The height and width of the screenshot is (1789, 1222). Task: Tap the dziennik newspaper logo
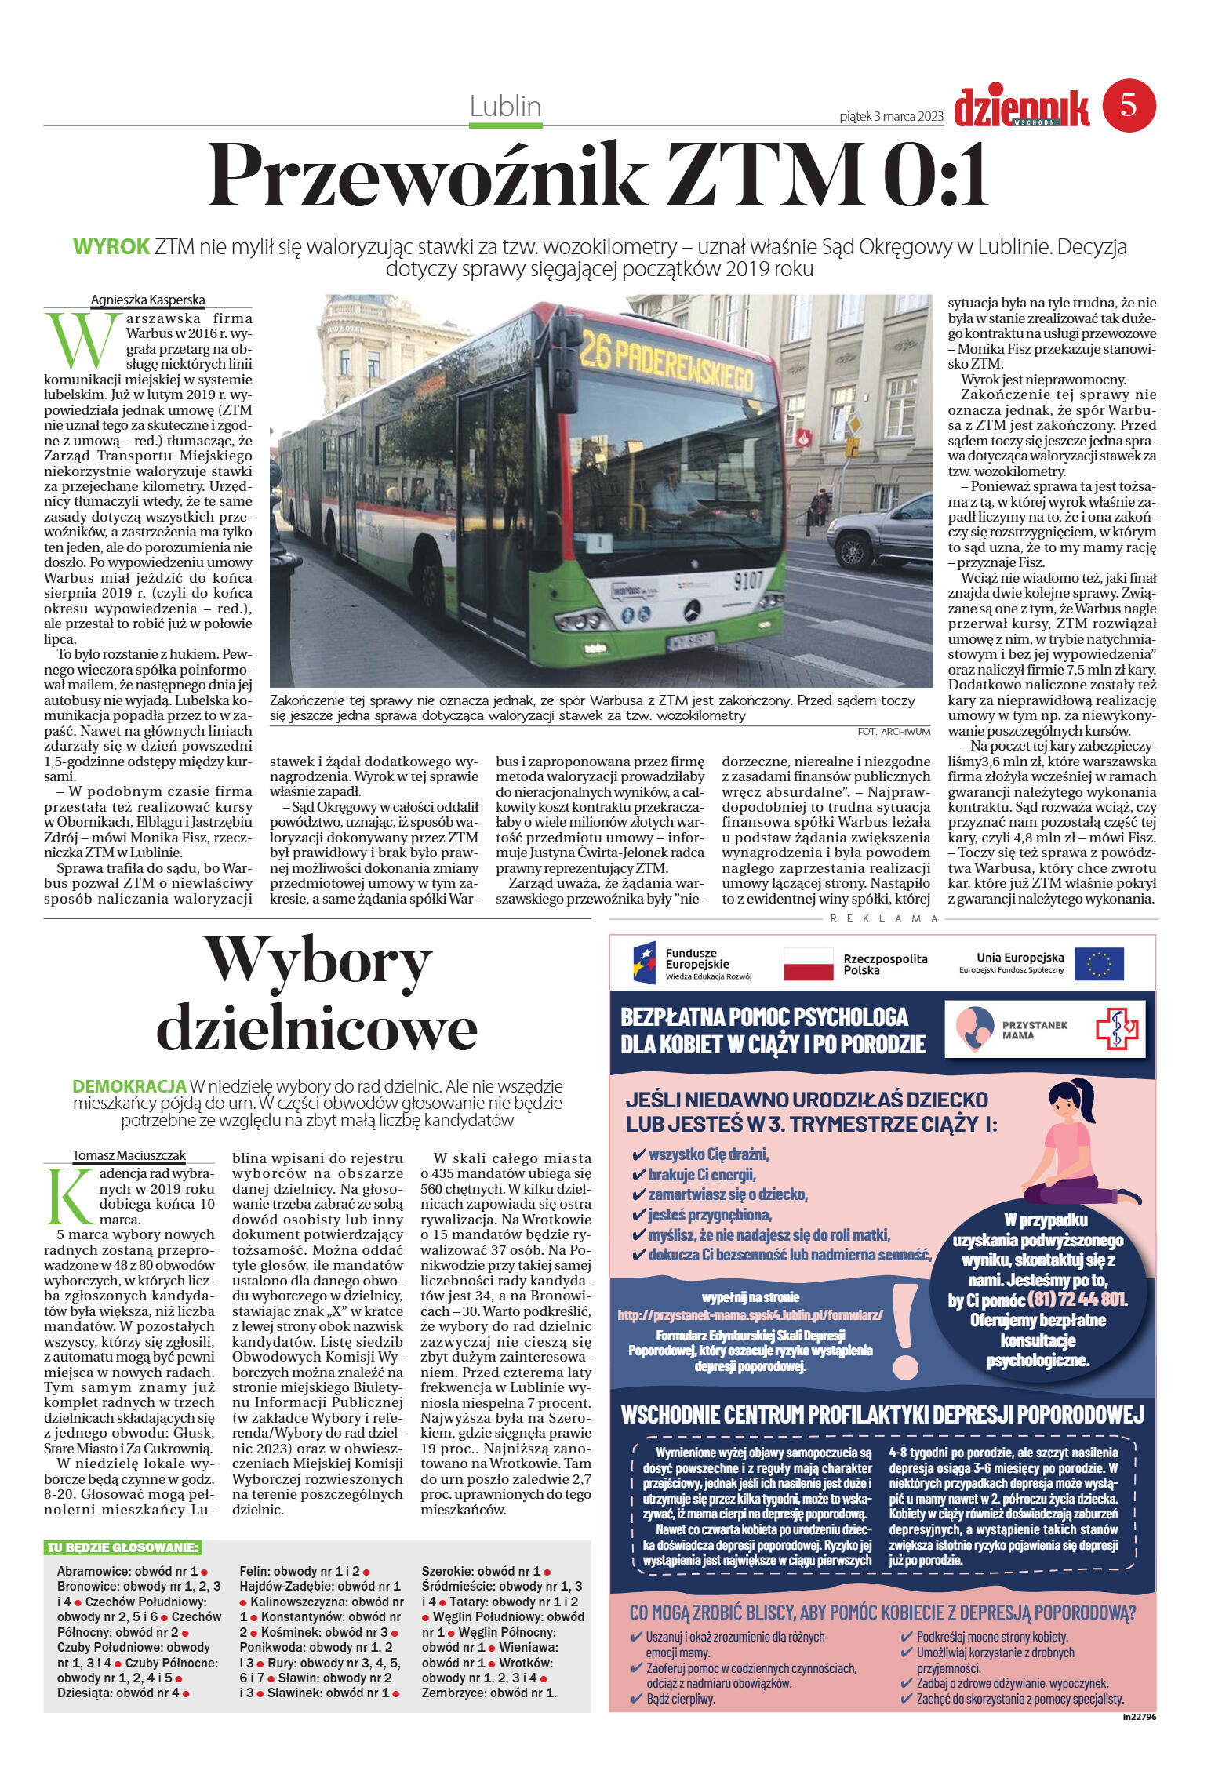coord(1020,107)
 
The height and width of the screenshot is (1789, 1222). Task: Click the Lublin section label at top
coord(505,106)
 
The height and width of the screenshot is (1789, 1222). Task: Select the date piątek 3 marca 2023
coord(890,117)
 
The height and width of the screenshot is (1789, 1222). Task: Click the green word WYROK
coord(111,246)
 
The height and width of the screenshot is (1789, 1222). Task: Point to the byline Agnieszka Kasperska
coord(147,300)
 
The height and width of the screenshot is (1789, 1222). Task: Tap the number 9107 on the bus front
coord(747,580)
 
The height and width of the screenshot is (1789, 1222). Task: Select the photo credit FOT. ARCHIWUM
coord(893,731)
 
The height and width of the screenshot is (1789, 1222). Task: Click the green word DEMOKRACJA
coord(129,1086)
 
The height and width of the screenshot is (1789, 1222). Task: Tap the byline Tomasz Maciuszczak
coord(129,1155)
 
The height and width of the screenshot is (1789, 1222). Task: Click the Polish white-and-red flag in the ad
coord(808,964)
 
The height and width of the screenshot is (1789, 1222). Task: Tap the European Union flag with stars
coord(1098,964)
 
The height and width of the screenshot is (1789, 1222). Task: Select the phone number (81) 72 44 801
coord(1075,1299)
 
